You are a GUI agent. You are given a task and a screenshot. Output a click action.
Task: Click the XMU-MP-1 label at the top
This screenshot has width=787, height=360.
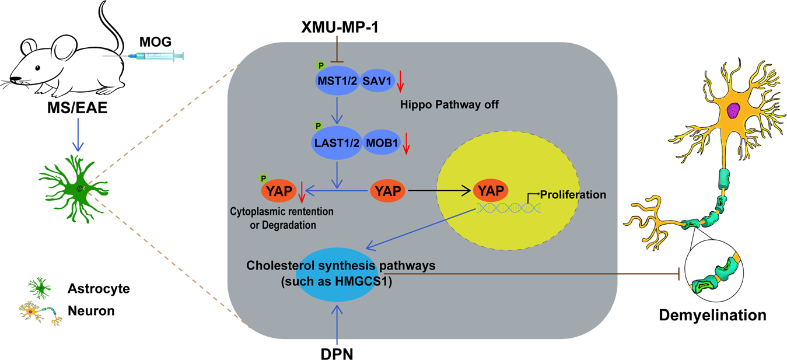pyautogui.click(x=339, y=27)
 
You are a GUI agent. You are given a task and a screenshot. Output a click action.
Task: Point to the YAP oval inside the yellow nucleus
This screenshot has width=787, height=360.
pyautogui.click(x=490, y=190)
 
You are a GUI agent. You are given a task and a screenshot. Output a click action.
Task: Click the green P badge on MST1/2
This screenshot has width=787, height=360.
pyautogui.click(x=319, y=65)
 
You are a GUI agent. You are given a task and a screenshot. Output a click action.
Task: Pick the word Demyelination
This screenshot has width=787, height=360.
pyautogui.click(x=712, y=316)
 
